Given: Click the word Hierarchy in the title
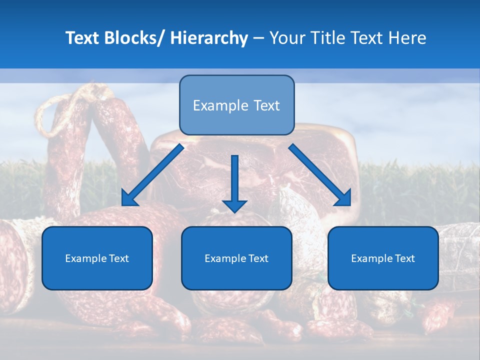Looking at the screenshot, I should point(209,38).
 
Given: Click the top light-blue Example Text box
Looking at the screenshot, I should point(236,105).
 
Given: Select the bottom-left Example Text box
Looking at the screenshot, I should point(97,258).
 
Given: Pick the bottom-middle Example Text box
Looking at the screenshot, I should point(236,258).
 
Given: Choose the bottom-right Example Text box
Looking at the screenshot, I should point(383,258).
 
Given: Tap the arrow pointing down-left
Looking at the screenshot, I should point(152,175).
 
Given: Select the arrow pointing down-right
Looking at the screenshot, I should point(320,175).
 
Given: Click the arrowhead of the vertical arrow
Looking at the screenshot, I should point(234,205).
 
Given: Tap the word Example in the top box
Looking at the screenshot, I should point(213,105).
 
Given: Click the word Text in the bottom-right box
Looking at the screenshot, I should point(404,258).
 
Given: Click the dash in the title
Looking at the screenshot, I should point(259,38).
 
